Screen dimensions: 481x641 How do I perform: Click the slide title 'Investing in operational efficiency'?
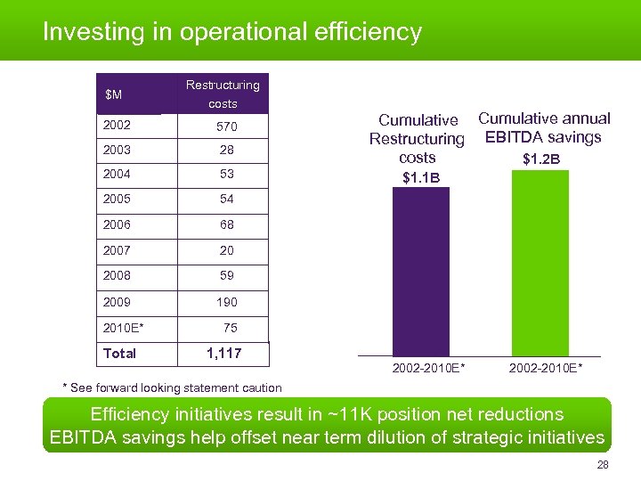[x=232, y=32]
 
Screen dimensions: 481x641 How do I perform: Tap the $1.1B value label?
[x=421, y=178]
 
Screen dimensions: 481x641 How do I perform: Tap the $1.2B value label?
[x=541, y=159]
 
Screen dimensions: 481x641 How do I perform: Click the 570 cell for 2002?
[x=227, y=127]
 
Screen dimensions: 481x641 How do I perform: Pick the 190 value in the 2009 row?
[x=227, y=302]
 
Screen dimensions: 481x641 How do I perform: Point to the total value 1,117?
[x=223, y=354]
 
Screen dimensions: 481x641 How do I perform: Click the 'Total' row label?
[x=120, y=354]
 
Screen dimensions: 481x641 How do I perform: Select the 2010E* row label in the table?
[x=124, y=328]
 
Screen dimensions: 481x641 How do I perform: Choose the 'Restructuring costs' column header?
[x=223, y=94]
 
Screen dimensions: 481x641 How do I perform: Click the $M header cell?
[x=114, y=94]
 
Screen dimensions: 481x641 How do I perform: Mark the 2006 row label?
[x=118, y=226]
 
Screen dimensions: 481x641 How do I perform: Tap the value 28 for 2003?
[x=227, y=151]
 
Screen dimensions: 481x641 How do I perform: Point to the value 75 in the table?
[x=230, y=328]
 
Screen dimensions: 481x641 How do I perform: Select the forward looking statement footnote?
[x=172, y=387]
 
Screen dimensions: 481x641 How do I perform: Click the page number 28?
[x=603, y=466]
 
